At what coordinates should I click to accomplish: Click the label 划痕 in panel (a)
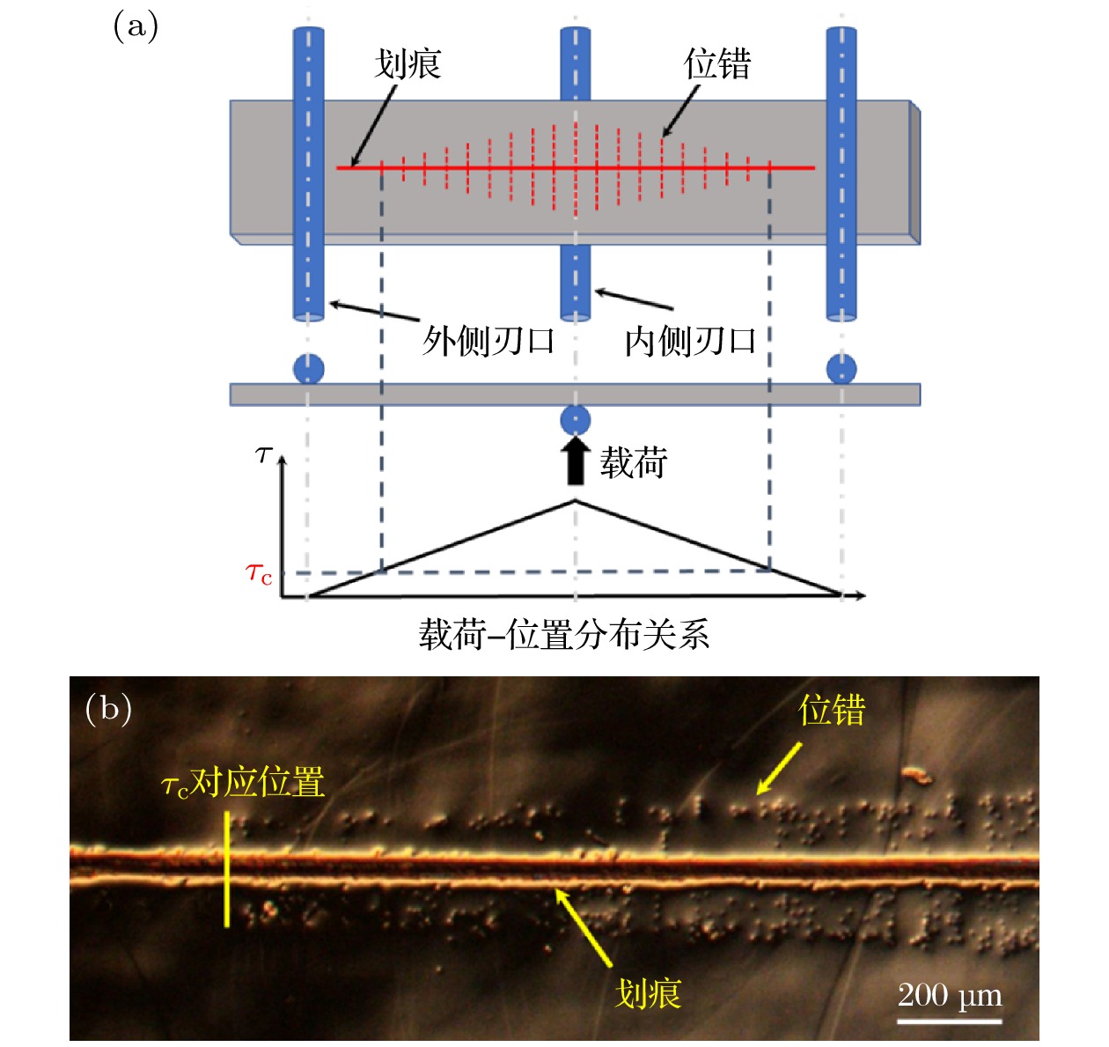[x=407, y=64]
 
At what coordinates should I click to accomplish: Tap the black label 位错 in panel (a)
[x=716, y=64]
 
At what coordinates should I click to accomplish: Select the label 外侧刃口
[x=488, y=341]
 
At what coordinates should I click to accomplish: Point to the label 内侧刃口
[x=690, y=341]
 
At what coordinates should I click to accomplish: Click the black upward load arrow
[x=575, y=461]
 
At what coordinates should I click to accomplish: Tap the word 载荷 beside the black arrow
[x=634, y=462]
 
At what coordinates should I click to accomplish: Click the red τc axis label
[x=259, y=575]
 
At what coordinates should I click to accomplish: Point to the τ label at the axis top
[x=263, y=454]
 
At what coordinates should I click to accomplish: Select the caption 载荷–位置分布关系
[x=563, y=634]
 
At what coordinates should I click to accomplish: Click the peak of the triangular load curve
[x=576, y=501]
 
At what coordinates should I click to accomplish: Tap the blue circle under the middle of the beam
[x=575, y=420]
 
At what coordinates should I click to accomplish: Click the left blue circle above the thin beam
[x=308, y=369]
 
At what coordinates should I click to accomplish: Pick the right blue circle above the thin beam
[x=841, y=369]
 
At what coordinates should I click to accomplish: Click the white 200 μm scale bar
[x=950, y=1021]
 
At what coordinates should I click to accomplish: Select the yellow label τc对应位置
[x=243, y=783]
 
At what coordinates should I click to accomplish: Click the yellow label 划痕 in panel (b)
[x=648, y=994]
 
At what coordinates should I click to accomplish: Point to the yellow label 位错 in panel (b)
[x=832, y=711]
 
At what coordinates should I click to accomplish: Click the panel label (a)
[x=136, y=27]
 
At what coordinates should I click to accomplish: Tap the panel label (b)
[x=108, y=708]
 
